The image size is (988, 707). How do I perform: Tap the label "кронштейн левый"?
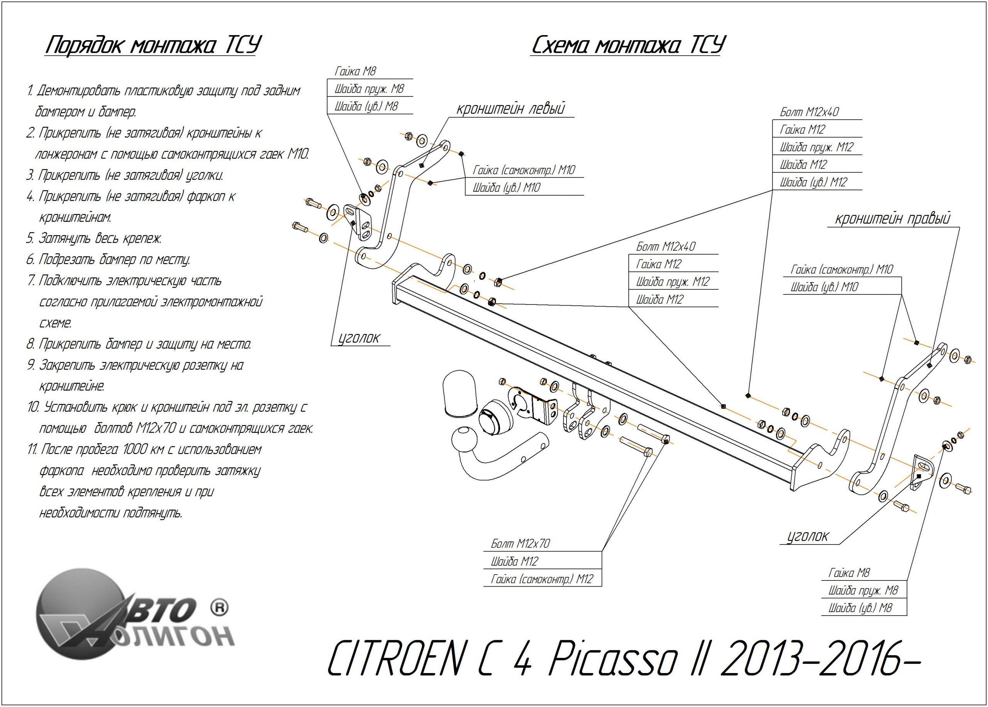(510, 108)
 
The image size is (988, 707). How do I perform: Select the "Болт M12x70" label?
(521, 543)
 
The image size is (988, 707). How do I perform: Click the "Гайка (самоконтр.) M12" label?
(542, 579)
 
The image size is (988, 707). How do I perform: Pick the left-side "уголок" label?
(359, 337)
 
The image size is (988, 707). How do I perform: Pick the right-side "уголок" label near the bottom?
(808, 536)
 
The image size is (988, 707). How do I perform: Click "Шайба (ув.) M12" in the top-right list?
(813, 183)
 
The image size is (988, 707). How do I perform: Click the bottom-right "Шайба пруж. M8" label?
(863, 590)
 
